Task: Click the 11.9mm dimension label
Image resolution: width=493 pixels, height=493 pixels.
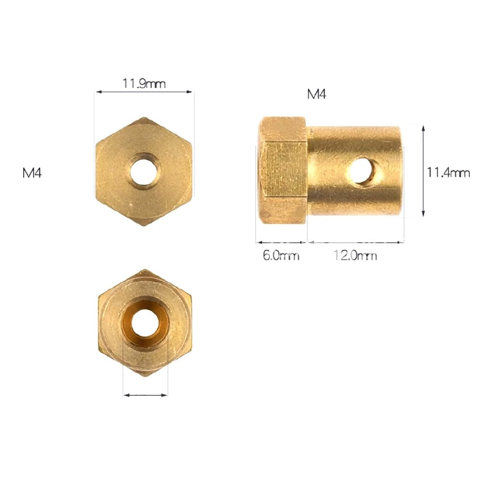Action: [144, 83]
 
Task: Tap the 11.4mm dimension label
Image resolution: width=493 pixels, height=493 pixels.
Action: [448, 172]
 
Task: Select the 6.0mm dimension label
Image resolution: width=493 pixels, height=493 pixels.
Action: [281, 256]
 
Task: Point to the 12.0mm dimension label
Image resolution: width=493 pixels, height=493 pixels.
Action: [356, 256]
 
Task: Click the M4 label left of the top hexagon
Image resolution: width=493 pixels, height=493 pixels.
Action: [32, 173]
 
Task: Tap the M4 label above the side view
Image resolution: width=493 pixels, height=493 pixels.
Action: [316, 94]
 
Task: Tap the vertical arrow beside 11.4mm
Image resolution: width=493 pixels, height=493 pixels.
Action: [423, 171]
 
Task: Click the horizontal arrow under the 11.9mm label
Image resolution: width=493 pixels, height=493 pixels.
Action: [144, 91]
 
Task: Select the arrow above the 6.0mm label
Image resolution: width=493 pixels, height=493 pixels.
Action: [281, 242]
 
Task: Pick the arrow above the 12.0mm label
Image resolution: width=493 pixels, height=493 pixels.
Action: [356, 242]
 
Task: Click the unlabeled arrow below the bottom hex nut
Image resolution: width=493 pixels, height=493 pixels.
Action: [145, 395]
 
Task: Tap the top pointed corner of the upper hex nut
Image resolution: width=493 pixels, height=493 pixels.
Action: [144, 118]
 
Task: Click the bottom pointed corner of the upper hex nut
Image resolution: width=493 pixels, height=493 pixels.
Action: [144, 225]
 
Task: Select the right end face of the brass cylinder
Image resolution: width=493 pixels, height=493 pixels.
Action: [398, 171]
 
